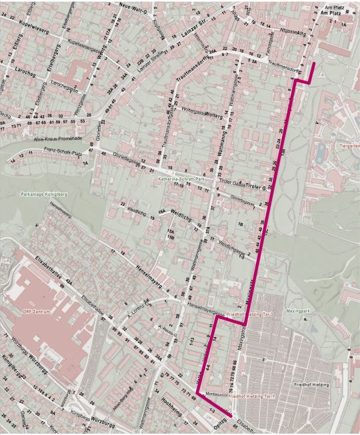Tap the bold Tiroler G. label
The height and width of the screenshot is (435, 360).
(255, 188)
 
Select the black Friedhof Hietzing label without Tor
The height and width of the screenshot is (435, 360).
(315, 385)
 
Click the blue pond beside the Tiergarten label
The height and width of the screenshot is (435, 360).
(322, 154)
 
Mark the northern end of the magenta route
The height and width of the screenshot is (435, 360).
(314, 62)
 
